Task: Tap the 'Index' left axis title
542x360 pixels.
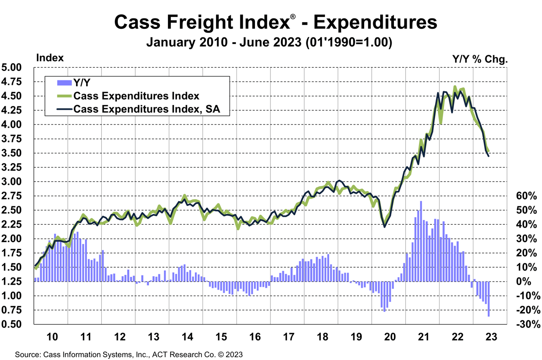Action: pyautogui.click(x=50, y=58)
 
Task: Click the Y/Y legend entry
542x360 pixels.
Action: pyautogui.click(x=81, y=82)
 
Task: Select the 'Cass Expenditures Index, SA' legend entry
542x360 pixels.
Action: pyautogui.click(x=142, y=110)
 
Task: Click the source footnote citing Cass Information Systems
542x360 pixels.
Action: pyautogui.click(x=129, y=354)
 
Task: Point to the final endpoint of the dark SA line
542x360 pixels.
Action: pyautogui.click(x=489, y=156)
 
